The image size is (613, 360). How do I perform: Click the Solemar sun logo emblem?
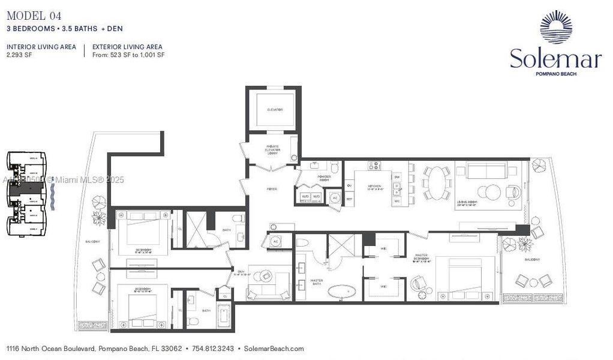tap(555, 27)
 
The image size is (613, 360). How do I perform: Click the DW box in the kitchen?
tap(397, 178)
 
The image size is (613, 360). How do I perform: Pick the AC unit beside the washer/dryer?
tap(335, 197)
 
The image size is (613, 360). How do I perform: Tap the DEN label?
tap(240, 271)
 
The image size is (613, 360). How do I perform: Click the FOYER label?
tap(272, 189)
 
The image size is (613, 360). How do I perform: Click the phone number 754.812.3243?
tap(212, 349)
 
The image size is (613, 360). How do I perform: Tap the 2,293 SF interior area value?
tap(19, 55)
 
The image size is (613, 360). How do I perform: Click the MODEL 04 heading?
tap(34, 16)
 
